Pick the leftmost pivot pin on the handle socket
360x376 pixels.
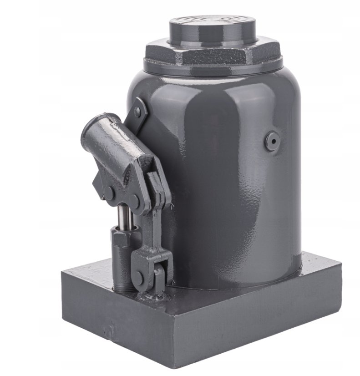click(109, 192)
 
